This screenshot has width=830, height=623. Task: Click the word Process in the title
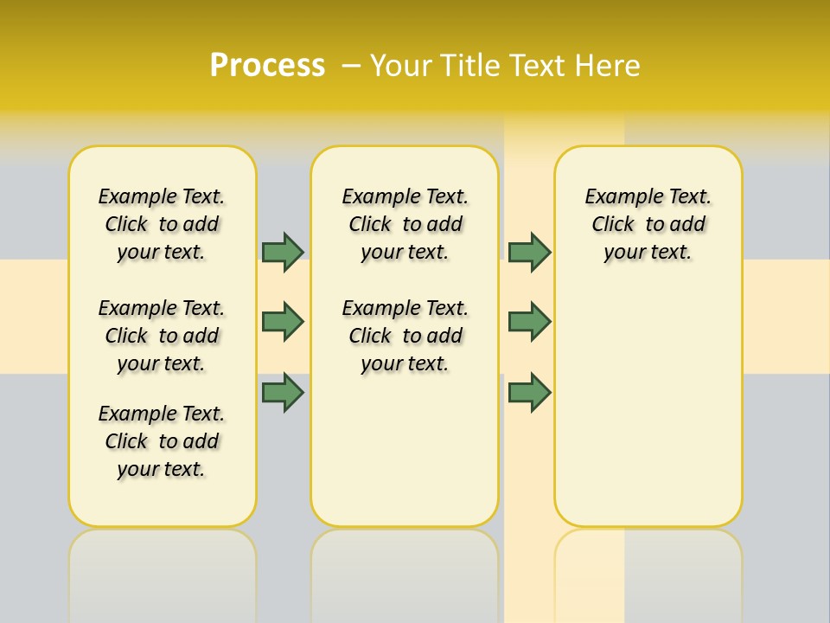pos(267,66)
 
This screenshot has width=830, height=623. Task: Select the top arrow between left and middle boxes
pos(283,252)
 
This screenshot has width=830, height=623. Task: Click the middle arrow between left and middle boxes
pos(283,322)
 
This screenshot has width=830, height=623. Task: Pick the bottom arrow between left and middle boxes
pos(283,392)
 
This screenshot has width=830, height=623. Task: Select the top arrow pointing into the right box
pos(529,252)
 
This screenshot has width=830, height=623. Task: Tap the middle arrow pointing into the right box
pos(529,322)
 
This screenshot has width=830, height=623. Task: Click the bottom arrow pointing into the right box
pos(529,392)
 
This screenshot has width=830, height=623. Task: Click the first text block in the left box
pos(162,224)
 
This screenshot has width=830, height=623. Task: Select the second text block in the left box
pos(162,336)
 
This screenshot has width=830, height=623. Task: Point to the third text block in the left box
pos(162,441)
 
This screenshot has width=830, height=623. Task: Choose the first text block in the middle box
pos(405,224)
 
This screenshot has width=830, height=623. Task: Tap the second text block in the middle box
pos(405,336)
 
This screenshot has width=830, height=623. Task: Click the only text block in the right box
pos(648,224)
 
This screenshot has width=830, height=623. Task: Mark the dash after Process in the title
pos(351,66)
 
